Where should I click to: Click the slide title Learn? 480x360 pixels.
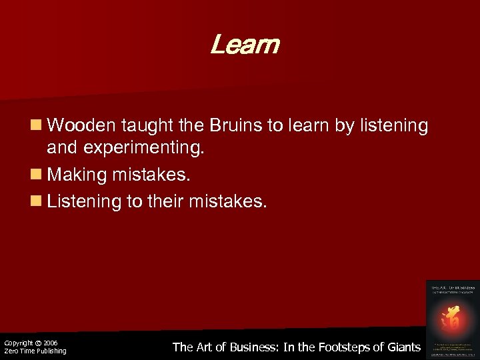click(x=244, y=46)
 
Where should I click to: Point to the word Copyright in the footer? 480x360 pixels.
click(x=18, y=343)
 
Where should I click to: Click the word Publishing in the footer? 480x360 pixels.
click(x=51, y=351)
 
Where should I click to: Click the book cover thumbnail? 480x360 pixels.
click(x=453, y=318)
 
